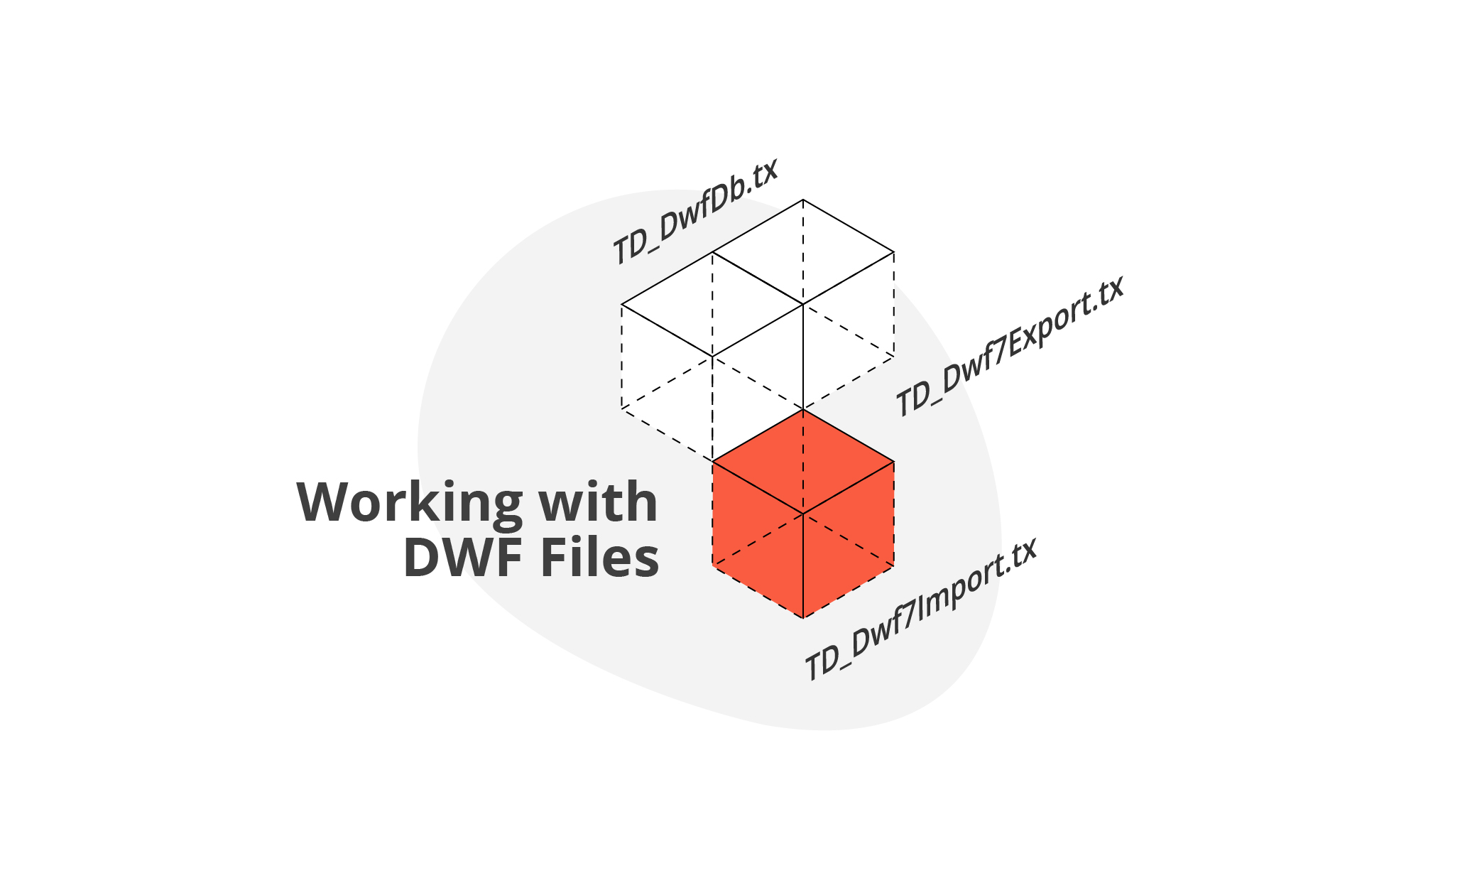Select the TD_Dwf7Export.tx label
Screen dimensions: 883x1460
point(1009,346)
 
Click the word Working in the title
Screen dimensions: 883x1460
point(409,502)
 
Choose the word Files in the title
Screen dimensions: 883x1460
point(600,558)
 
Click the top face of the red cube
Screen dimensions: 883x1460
point(803,462)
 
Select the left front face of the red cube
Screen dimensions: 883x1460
point(757,540)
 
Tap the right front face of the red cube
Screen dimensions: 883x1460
point(849,540)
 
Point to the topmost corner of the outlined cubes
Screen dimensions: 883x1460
point(803,200)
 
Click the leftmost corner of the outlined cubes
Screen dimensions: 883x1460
point(622,305)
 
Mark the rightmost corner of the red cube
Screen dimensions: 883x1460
point(893,462)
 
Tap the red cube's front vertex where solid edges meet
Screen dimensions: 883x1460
point(803,514)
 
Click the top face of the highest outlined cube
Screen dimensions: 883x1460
point(803,252)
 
